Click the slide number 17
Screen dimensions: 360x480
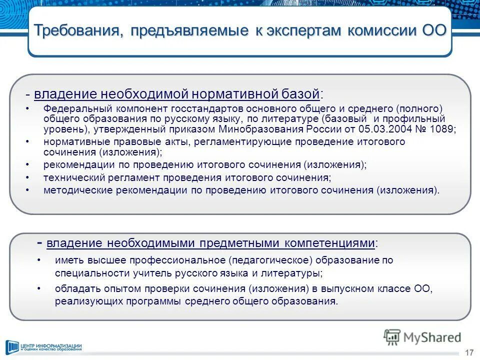(468, 352)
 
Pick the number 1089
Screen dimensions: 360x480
(440, 129)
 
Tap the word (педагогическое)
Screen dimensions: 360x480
(269, 260)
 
